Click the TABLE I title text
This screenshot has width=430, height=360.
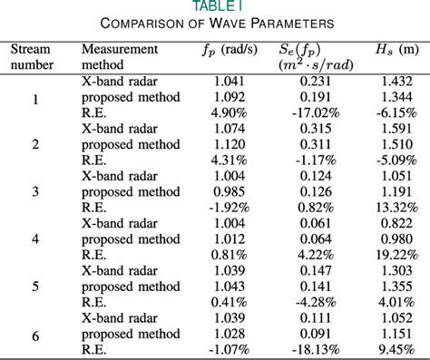[214, 6]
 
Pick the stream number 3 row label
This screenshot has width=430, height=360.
[35, 190]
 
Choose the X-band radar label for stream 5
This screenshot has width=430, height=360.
[117, 271]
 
